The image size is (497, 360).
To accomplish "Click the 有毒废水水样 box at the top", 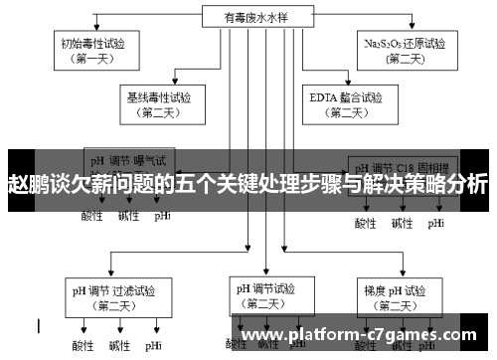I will (248, 16).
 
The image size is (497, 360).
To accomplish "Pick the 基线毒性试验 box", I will (159, 104).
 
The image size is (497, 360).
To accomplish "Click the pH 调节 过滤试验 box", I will (110, 298).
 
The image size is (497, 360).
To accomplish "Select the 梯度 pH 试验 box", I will (394, 298).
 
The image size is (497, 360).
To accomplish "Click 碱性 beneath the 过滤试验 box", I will (118, 345).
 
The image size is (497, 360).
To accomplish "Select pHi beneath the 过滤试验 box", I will (153, 345).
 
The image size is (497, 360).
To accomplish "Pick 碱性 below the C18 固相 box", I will (402, 223).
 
